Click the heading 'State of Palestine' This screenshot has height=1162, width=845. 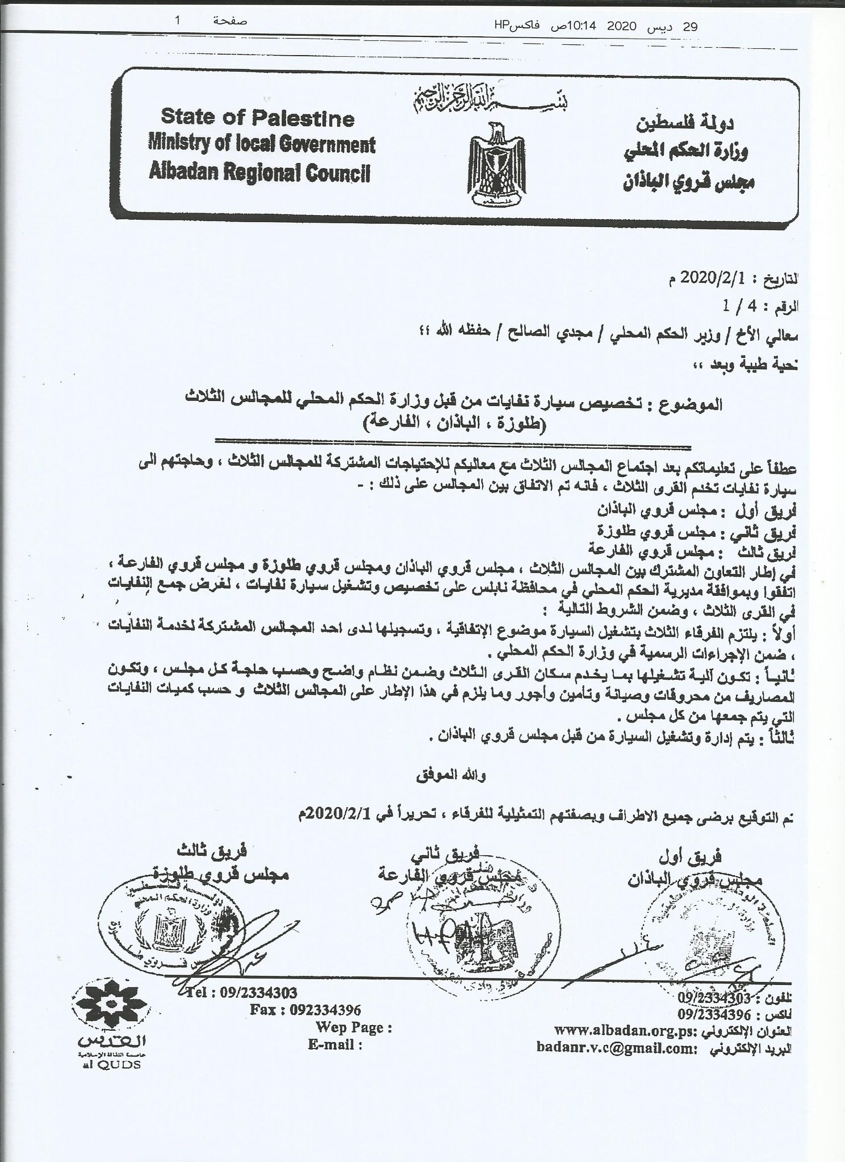click(257, 118)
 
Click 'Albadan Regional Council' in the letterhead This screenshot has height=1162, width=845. click(259, 172)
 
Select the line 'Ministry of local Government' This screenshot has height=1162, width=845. click(261, 144)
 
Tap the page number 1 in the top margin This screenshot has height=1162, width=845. click(178, 21)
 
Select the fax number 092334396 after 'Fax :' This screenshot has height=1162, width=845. click(325, 1010)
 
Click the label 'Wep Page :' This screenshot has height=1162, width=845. click(354, 1027)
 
